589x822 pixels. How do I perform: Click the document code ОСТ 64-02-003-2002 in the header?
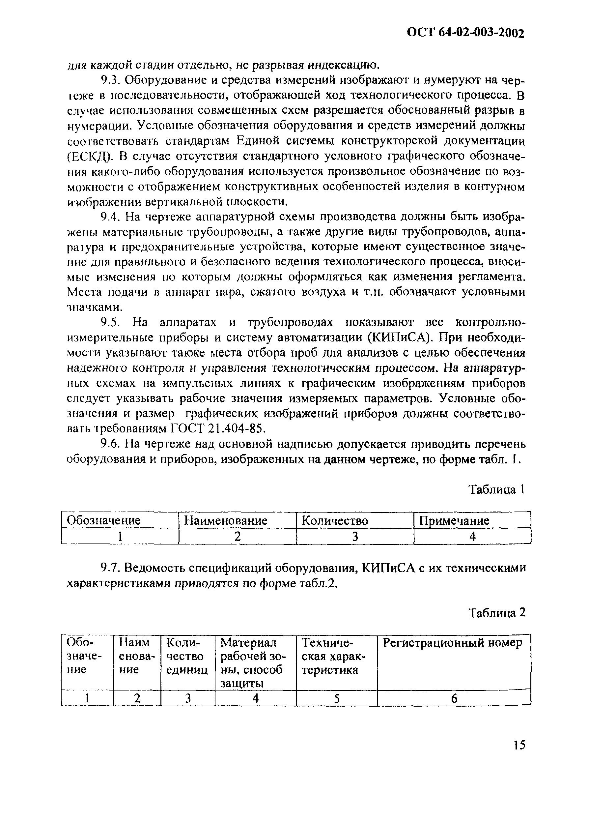point(465,33)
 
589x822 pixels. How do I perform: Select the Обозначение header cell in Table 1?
point(104,520)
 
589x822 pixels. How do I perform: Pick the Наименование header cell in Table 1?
point(226,520)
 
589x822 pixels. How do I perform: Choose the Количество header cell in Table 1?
point(335,520)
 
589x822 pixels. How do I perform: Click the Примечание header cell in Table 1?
point(454,520)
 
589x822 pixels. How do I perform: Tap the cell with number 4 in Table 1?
point(472,536)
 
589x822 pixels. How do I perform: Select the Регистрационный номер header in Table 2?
point(453,643)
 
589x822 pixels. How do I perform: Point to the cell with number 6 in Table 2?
point(454,698)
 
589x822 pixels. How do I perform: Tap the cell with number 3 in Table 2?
point(188,698)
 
